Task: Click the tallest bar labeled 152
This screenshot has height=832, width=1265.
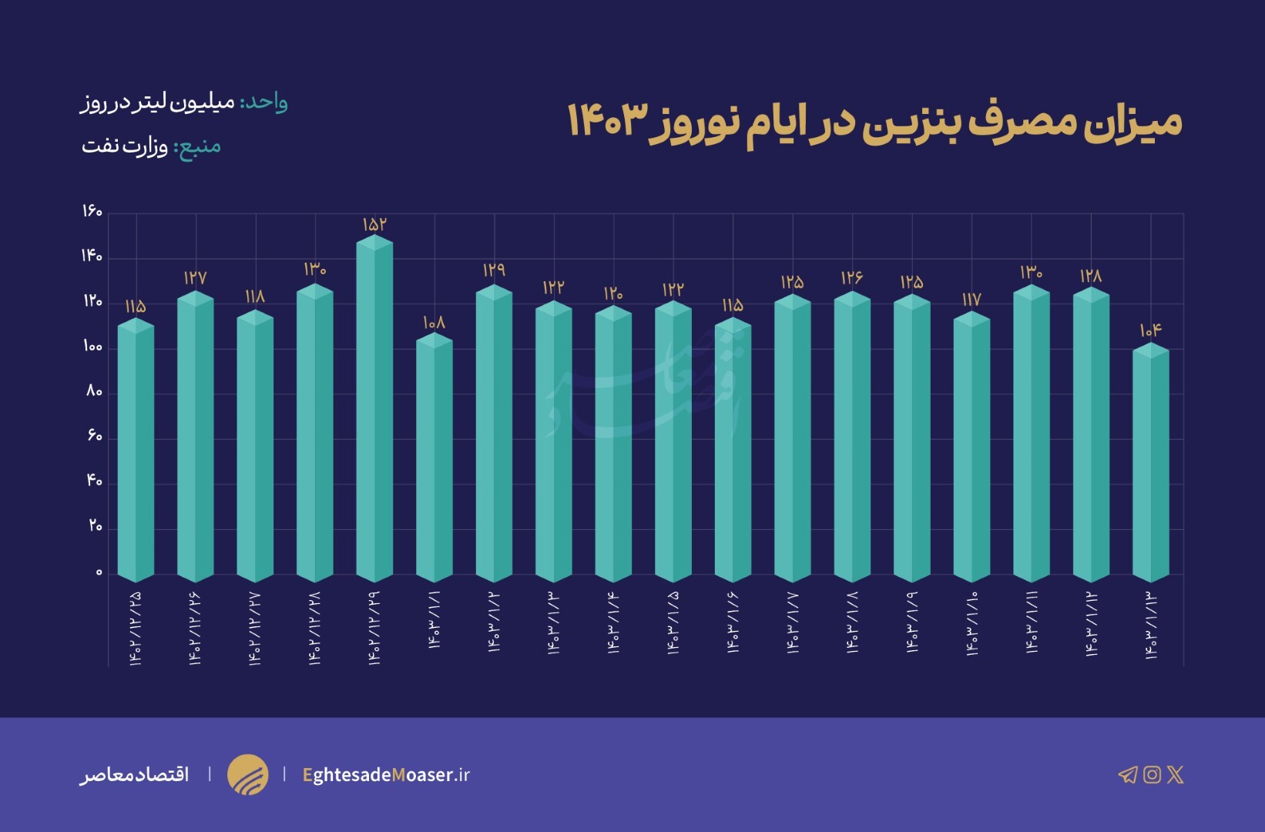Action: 374,408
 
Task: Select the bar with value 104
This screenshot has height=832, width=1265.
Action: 1151,462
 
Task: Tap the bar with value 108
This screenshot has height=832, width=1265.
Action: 435,458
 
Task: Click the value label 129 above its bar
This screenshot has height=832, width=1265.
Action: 494,270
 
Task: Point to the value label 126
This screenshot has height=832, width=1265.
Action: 852,277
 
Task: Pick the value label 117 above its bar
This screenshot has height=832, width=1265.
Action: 971,299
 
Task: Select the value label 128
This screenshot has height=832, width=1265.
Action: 1091,276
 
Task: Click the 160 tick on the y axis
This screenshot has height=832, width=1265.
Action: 92,211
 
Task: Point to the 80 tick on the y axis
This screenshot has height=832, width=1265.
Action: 94,391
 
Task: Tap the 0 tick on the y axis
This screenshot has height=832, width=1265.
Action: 99,572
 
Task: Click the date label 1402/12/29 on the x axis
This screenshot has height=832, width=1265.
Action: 374,628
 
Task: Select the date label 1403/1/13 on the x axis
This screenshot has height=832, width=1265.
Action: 1151,626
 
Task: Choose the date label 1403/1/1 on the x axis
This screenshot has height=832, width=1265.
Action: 435,620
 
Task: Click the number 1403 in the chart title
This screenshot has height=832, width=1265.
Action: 605,121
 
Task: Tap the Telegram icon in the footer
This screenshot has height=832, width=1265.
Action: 1127,774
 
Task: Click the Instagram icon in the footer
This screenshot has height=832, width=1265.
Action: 1152,774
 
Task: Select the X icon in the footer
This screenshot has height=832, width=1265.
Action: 1176,774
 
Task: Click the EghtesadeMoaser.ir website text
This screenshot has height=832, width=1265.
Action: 386,775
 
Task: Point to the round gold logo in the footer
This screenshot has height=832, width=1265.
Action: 248,774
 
